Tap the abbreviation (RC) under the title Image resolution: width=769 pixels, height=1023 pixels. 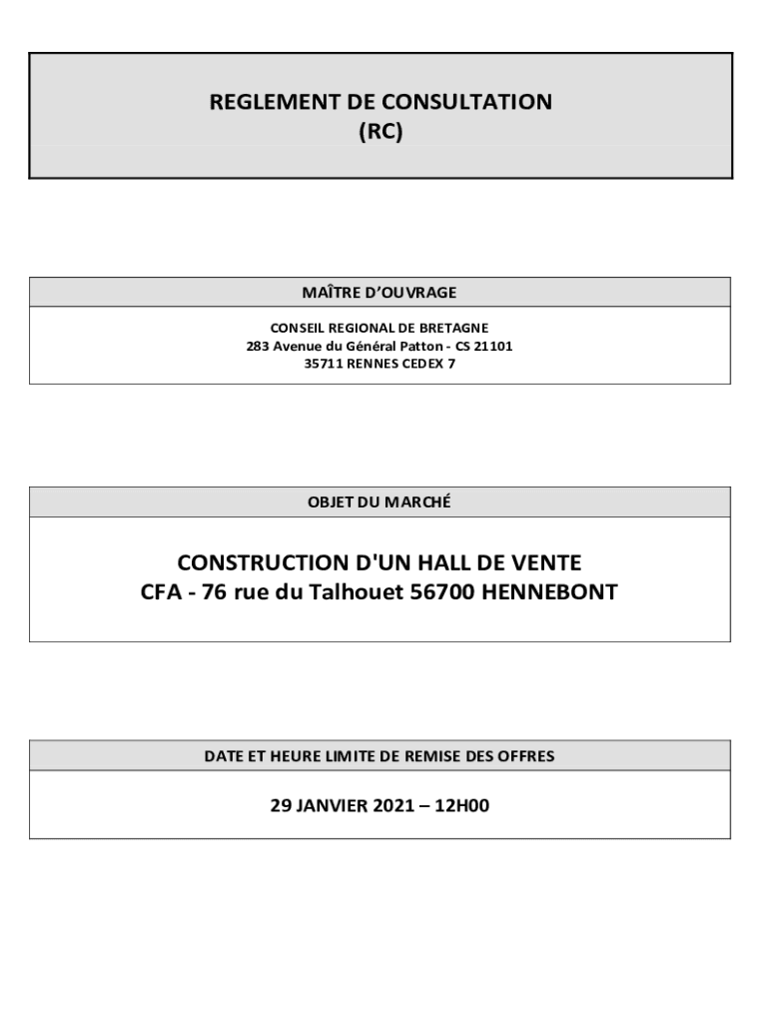[x=381, y=131]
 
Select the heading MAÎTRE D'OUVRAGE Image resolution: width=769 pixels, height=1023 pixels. [x=380, y=293]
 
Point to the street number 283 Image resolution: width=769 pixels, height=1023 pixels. [x=258, y=346]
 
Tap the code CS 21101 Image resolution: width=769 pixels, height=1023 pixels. [x=483, y=346]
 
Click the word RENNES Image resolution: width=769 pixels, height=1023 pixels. [x=373, y=364]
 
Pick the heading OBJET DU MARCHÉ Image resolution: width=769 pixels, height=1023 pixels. [x=380, y=503]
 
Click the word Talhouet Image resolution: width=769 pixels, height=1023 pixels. [x=363, y=592]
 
